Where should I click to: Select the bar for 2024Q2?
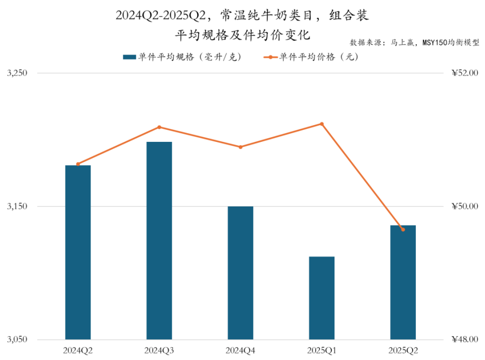point(78,252)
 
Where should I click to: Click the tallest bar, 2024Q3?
point(159,240)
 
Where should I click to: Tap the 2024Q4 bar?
point(240,273)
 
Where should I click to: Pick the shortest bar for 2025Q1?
point(322,298)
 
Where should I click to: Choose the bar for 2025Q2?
point(403,282)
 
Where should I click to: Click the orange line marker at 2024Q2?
point(78,164)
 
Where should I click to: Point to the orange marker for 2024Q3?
point(159,127)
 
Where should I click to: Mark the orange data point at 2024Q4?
point(240,147)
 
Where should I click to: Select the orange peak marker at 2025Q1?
point(322,124)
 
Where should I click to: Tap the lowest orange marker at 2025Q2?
point(403,230)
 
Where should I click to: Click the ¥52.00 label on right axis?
point(464,73)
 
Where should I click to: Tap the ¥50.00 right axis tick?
point(464,207)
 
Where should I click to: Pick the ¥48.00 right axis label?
point(464,340)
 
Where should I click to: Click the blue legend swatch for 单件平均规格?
point(129,57)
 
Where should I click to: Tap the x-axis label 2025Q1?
point(322,350)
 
